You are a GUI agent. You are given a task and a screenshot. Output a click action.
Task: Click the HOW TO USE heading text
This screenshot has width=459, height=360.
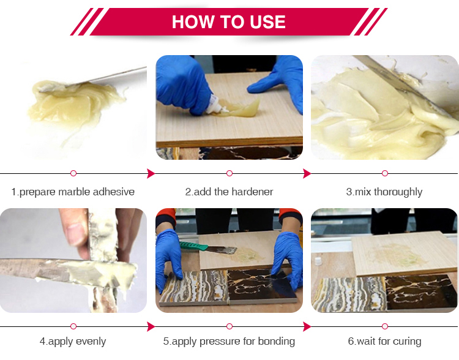(x=228, y=22)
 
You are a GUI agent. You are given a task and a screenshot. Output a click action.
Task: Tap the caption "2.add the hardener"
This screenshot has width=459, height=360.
(x=229, y=192)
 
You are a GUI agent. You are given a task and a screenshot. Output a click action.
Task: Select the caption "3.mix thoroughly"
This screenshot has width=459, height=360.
(x=384, y=192)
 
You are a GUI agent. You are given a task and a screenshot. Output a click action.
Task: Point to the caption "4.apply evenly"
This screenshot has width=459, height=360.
(x=73, y=341)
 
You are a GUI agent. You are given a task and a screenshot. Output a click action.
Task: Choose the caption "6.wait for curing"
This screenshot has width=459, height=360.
(x=384, y=341)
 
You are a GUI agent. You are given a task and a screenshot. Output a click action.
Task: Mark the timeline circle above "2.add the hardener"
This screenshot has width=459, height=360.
(x=229, y=173)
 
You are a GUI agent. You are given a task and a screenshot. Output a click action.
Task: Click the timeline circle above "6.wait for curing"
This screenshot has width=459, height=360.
(x=384, y=326)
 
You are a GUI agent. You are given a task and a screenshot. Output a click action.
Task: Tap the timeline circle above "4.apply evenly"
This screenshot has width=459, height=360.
(x=73, y=326)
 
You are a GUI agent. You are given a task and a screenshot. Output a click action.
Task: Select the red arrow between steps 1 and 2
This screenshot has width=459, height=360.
(x=151, y=173)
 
